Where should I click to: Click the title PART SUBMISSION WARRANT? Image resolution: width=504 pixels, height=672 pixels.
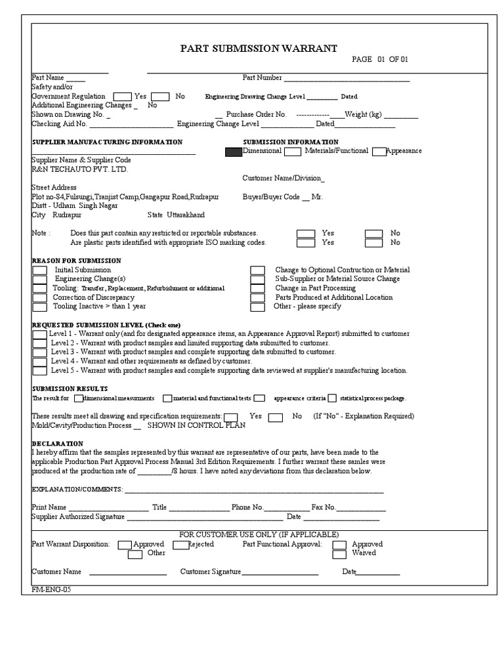[259, 49]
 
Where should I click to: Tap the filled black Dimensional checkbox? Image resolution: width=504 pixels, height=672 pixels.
[233, 152]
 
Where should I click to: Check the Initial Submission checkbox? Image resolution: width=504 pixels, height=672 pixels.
[39, 270]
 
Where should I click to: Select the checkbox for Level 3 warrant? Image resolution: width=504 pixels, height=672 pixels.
[39, 352]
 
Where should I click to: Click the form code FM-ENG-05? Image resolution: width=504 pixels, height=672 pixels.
[51, 589]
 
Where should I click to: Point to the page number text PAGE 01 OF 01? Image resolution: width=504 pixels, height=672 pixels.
[380, 60]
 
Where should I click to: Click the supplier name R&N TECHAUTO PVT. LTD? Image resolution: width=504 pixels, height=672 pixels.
[80, 169]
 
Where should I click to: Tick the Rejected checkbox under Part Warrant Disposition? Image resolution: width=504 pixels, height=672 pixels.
[180, 545]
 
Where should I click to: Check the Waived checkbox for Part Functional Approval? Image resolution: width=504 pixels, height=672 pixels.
[339, 554]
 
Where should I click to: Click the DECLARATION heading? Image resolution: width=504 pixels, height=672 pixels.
[58, 444]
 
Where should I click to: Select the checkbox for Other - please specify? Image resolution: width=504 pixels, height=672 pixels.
[258, 306]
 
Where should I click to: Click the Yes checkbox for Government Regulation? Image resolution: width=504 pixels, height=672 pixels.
[122, 96]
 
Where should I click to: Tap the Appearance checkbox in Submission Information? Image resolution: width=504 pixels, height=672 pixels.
[379, 152]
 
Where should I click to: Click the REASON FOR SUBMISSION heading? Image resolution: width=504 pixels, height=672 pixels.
[77, 261]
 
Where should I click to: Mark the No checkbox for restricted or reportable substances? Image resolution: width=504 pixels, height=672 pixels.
[373, 233]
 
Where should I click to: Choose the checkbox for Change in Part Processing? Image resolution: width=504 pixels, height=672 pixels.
[258, 288]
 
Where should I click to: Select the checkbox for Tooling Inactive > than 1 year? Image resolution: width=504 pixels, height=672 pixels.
[39, 306]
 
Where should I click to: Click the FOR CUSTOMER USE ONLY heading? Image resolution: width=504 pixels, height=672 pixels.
[259, 534]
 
